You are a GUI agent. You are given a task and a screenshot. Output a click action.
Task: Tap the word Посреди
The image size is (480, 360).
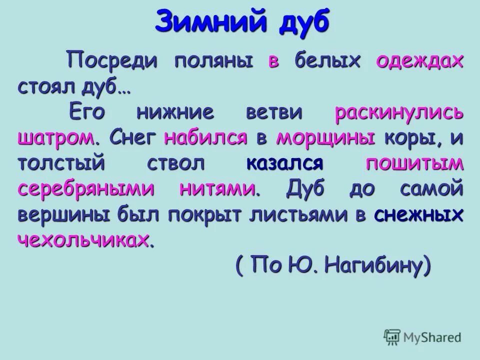coord(113,61)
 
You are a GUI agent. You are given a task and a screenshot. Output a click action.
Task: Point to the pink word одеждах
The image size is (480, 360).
coord(420,61)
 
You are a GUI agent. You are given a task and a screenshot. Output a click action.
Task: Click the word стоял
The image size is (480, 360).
coord(44,87)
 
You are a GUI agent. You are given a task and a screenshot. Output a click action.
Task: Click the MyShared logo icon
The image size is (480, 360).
coord(392,336)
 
